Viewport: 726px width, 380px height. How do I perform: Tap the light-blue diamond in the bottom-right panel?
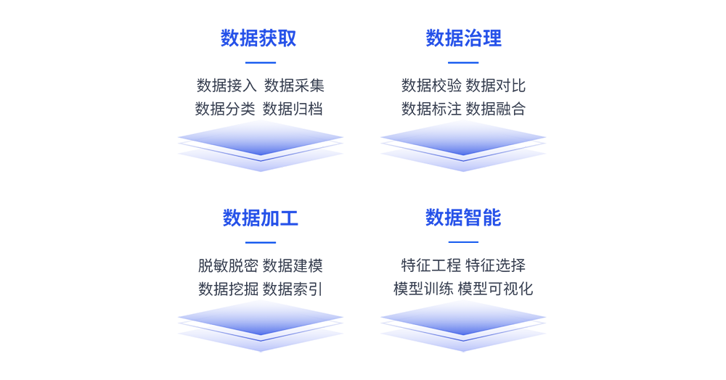pos(462,319)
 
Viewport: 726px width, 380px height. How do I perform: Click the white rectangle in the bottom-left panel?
pos(223,250)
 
